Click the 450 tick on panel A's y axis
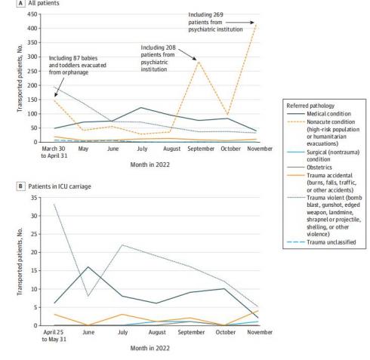(x=32, y=14)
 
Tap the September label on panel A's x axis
(x=201, y=149)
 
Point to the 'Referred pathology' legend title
(x=310, y=106)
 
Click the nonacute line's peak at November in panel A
(x=256, y=24)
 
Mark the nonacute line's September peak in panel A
(x=199, y=61)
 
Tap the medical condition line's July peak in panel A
(x=140, y=107)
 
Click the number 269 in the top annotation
(x=218, y=14)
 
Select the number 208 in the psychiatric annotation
(x=171, y=48)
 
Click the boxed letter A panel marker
(x=20, y=3)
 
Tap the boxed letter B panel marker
(x=20, y=186)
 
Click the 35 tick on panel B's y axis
(x=34, y=198)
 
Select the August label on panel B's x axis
(x=157, y=332)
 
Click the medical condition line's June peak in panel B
(x=88, y=266)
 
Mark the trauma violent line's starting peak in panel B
(x=54, y=204)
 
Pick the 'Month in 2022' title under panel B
(x=150, y=348)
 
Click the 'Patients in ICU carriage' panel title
(x=60, y=186)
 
